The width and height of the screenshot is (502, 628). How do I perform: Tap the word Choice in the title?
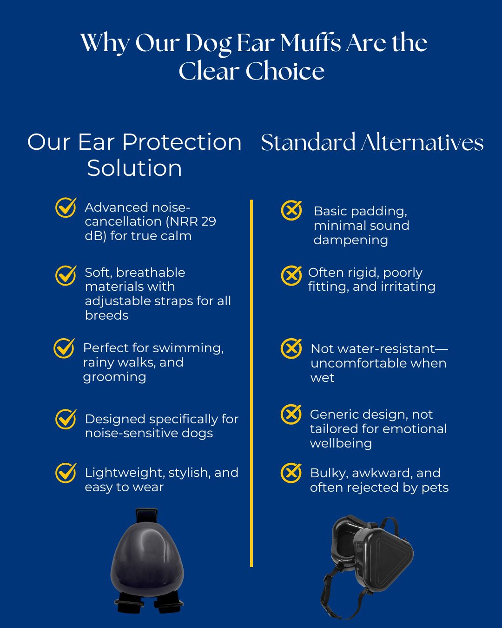click(x=285, y=71)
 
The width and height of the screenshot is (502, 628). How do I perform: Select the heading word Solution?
click(x=134, y=168)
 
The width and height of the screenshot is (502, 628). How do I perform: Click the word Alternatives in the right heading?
click(x=422, y=142)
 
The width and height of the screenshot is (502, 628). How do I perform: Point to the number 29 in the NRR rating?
click(x=209, y=221)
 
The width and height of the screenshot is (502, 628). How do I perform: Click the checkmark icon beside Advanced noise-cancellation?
click(x=66, y=207)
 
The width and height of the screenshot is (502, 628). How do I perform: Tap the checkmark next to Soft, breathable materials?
click(x=66, y=275)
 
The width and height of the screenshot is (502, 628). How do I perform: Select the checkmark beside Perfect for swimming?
click(x=64, y=348)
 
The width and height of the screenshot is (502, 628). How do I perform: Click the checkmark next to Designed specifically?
click(x=66, y=419)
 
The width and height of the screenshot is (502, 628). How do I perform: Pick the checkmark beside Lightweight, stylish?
click(x=66, y=473)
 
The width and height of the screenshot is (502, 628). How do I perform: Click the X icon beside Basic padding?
click(x=291, y=210)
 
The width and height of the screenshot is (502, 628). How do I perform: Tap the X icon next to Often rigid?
click(x=291, y=275)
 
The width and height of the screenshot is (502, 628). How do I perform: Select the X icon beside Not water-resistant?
click(x=291, y=348)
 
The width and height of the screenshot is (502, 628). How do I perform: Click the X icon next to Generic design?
click(x=291, y=414)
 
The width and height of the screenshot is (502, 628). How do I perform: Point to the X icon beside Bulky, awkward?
click(x=291, y=473)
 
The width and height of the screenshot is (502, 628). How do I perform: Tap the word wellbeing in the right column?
click(x=341, y=443)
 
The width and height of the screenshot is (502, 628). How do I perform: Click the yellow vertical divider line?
click(x=251, y=383)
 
